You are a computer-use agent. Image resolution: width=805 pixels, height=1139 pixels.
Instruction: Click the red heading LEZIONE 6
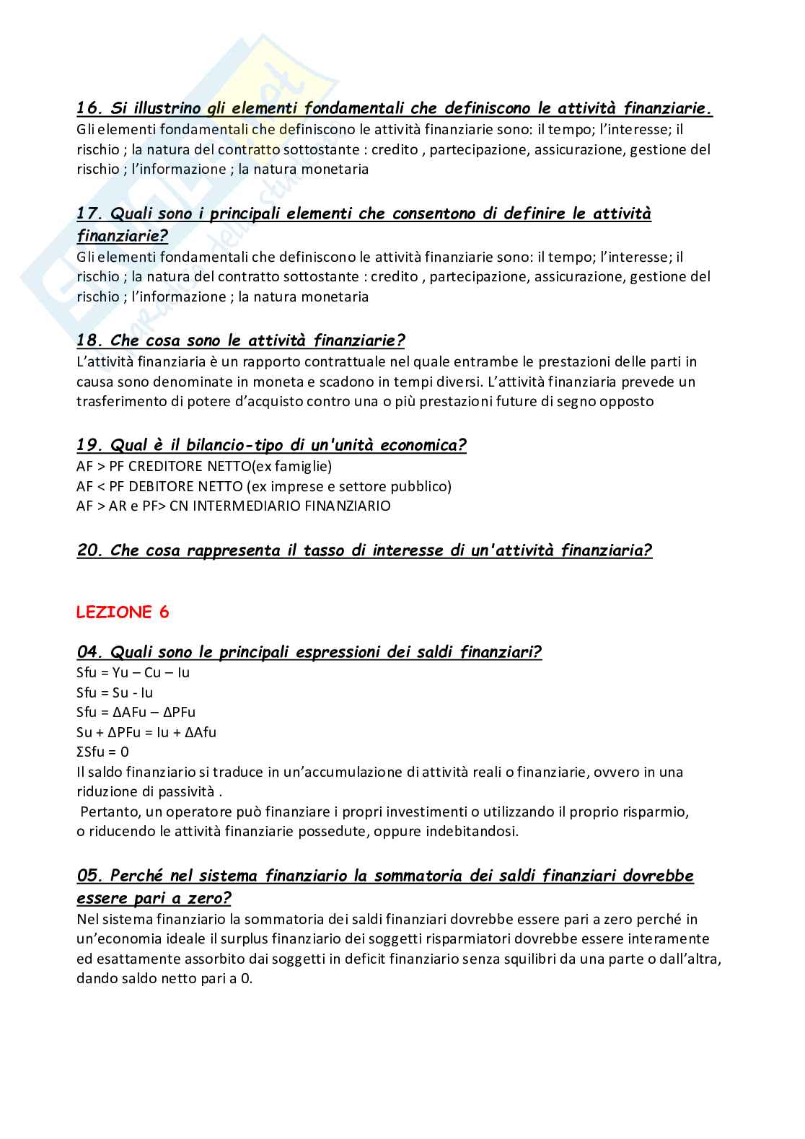[x=123, y=612]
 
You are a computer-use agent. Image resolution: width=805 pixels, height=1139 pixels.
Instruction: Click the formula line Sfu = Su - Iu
[x=115, y=693]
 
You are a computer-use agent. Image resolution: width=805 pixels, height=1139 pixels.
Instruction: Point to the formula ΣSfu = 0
[x=102, y=752]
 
